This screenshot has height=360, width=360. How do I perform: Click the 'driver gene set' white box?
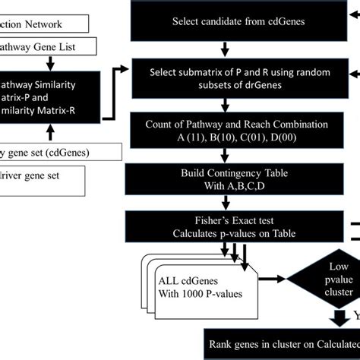tap(46, 175)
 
